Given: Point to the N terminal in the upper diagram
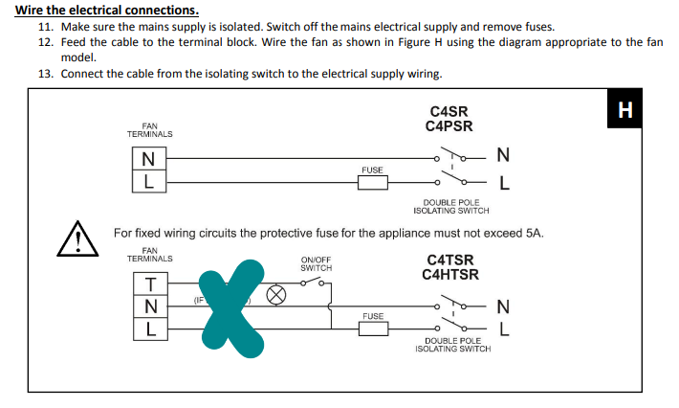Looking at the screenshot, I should tap(147, 158).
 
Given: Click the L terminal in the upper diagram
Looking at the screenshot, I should tap(147, 179).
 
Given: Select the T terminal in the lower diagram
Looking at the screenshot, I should tap(151, 283).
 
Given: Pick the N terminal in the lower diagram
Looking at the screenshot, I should tap(151, 306).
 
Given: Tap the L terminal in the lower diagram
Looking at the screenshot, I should tap(151, 329).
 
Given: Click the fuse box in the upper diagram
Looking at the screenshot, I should tap(373, 182).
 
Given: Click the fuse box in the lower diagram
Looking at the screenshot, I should tap(373, 328).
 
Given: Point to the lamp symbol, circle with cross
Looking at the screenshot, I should tap(276, 295).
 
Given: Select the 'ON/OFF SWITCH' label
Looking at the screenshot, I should tap(316, 263).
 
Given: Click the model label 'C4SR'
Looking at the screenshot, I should tap(449, 112).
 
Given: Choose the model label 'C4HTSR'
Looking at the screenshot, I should tap(449, 275).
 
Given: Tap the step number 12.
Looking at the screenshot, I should tap(45, 43).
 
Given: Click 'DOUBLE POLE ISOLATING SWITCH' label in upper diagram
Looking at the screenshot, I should tap(455, 207).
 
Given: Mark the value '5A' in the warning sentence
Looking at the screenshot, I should tap(535, 233).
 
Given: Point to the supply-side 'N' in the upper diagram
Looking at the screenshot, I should tap(503, 155).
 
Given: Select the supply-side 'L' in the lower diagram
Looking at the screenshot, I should tap(503, 329).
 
